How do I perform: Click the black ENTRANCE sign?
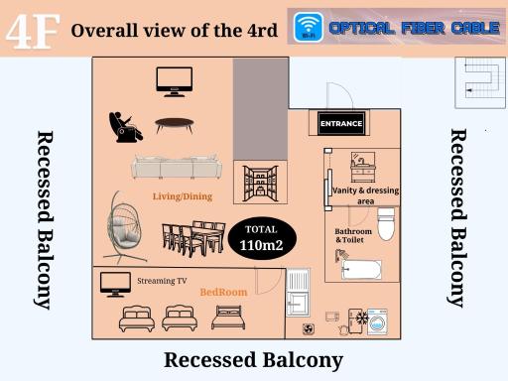(341, 124)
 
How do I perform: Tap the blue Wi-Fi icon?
(309, 27)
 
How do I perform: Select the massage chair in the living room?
(125, 127)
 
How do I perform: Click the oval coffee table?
(175, 125)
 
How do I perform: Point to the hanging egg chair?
(124, 227)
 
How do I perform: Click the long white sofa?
(177, 167)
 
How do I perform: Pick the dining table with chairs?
(193, 238)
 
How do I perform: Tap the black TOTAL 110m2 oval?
(262, 238)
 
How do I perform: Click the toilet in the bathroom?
(386, 224)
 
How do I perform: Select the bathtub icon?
(360, 268)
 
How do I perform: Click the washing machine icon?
(377, 322)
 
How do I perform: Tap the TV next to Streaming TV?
(115, 285)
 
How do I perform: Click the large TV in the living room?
(175, 81)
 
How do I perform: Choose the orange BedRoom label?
(223, 292)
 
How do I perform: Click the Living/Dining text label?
(183, 196)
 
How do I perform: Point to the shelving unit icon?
(260, 184)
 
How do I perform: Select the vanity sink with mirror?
(363, 167)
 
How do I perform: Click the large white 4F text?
(33, 31)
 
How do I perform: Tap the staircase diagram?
(480, 82)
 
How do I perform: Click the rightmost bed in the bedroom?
(228, 317)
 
